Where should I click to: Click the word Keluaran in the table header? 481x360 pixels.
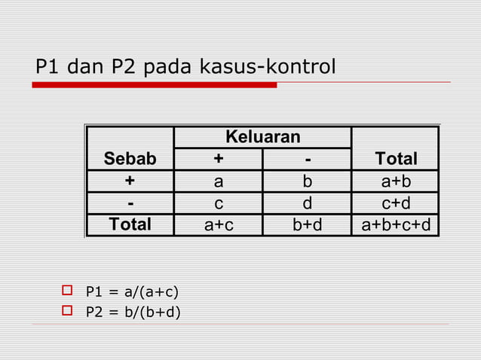click(262, 137)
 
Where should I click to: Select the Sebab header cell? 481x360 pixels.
click(130, 159)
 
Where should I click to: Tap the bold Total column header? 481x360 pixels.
click(396, 159)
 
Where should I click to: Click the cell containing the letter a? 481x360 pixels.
click(219, 182)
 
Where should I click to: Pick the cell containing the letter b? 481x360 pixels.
click(307, 182)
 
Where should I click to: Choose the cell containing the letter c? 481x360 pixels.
click(219, 203)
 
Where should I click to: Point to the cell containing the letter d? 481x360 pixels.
click(307, 203)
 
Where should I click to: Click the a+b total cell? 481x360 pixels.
click(396, 182)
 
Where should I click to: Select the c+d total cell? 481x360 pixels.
click(396, 203)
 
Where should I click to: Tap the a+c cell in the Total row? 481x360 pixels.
click(219, 224)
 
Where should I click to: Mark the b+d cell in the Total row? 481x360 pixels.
click(307, 224)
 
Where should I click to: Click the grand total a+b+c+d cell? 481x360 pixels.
click(396, 224)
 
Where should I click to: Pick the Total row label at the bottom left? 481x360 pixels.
click(130, 224)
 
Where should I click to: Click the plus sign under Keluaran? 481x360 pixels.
click(219, 159)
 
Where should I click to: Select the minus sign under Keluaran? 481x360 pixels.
click(307, 159)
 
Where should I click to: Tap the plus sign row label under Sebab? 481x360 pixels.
click(130, 182)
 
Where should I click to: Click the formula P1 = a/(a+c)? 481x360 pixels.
click(132, 291)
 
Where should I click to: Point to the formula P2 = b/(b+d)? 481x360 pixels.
click(133, 311)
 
